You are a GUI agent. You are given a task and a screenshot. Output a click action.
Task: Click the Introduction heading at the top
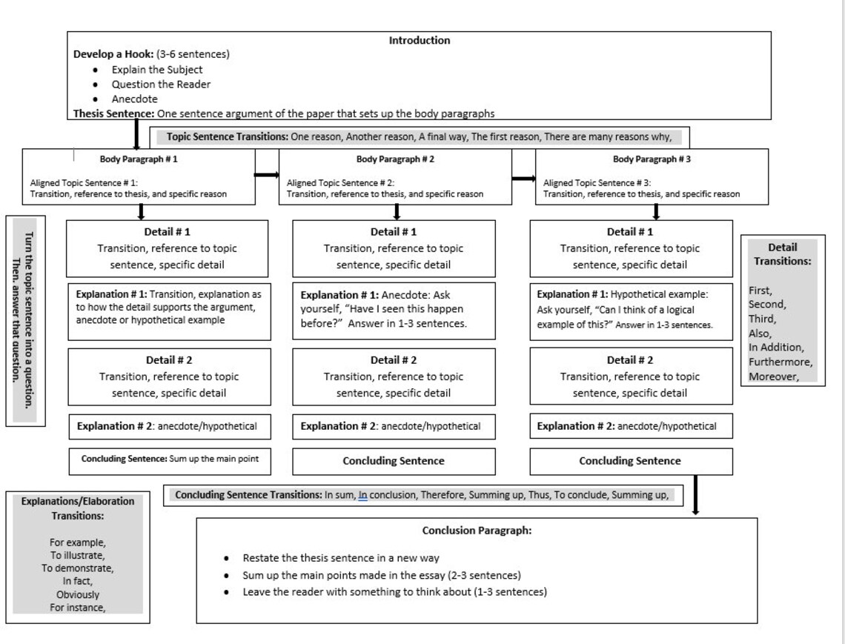(x=419, y=41)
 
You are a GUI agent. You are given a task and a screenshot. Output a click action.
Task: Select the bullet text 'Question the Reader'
(x=161, y=84)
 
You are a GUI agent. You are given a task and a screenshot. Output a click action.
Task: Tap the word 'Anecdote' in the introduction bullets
(x=134, y=99)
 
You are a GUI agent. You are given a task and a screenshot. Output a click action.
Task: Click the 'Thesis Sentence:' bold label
(x=114, y=113)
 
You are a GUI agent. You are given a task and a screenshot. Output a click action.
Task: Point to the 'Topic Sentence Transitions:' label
(x=227, y=136)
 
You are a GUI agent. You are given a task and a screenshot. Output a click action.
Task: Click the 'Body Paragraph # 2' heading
(x=395, y=159)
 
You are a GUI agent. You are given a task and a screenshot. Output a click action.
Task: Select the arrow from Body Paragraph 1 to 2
(x=266, y=176)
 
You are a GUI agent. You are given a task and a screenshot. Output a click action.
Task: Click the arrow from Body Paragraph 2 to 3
(x=523, y=178)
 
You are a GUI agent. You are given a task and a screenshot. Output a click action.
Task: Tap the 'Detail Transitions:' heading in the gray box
(x=782, y=254)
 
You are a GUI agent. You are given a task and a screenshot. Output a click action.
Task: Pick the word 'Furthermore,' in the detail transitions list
(x=780, y=362)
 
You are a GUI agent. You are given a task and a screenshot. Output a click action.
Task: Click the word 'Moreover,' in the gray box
(x=773, y=376)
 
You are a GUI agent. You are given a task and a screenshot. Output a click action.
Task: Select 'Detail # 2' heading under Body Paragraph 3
(x=630, y=360)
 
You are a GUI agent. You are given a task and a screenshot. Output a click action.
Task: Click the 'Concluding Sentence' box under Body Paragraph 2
(x=394, y=461)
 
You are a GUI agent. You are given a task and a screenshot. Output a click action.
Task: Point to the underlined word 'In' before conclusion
(x=362, y=495)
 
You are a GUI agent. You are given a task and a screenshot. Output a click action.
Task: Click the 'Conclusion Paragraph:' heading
(x=477, y=531)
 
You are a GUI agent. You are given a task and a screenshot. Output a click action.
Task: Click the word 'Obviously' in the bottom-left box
(x=77, y=594)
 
